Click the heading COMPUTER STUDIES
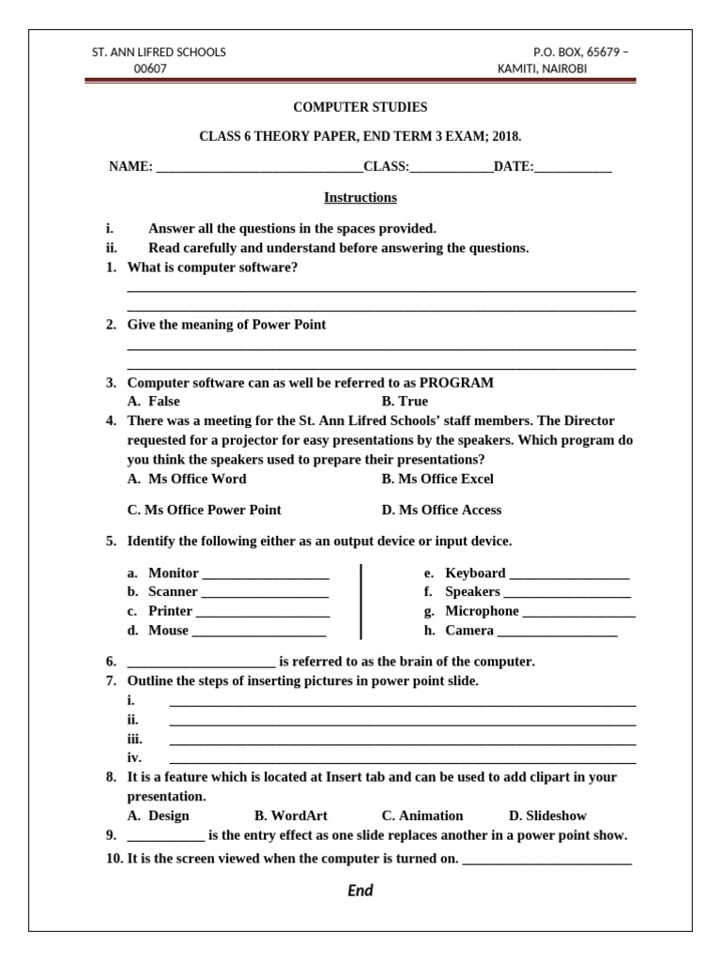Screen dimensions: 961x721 pos(360,108)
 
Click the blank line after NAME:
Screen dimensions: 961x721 pos(259,169)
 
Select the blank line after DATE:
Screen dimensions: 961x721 pos(573,169)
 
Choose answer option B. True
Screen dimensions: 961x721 pos(405,401)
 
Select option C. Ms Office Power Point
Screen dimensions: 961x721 pos(204,510)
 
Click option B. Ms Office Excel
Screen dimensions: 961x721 pos(437,479)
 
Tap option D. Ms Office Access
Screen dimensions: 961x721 pos(441,510)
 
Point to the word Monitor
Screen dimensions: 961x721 pos(174,572)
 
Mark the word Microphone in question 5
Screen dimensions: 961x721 pos(482,611)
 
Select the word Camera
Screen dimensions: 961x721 pos(469,631)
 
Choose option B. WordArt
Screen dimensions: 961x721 pos(291,816)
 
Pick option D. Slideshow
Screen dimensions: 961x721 pos(547,816)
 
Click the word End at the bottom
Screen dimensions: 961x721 pos(360,891)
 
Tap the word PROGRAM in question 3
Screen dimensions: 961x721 pos(456,383)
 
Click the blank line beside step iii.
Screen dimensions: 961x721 pos(402,740)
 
